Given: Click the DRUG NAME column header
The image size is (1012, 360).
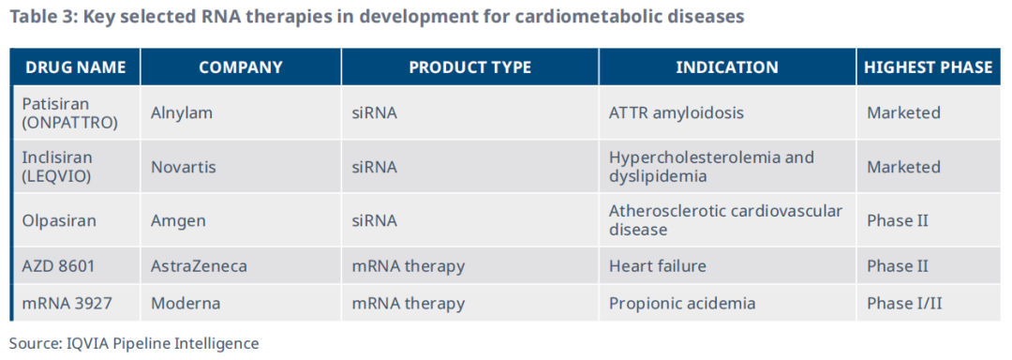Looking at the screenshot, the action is click(x=76, y=67).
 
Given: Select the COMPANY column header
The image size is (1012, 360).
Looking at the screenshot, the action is click(x=241, y=67).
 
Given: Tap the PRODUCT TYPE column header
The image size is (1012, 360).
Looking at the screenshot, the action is click(x=469, y=67).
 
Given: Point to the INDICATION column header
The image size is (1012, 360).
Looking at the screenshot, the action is click(x=727, y=67).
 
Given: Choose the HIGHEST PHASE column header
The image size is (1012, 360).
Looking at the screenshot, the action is click(x=928, y=67).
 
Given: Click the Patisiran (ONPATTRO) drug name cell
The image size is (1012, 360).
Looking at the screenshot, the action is click(x=69, y=112).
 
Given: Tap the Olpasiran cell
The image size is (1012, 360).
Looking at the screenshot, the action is click(x=59, y=220).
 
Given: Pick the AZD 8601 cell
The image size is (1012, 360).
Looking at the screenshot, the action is click(x=58, y=266).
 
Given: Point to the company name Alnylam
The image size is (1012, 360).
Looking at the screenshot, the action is click(x=182, y=112).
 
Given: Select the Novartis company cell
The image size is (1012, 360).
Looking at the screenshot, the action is click(x=184, y=167).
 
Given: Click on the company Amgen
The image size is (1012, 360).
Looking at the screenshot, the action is click(x=178, y=221).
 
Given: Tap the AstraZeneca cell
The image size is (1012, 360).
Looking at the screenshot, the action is click(x=199, y=266).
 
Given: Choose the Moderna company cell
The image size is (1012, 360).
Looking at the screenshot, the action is click(x=186, y=303).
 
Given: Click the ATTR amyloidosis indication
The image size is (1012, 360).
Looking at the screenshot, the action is click(x=677, y=112).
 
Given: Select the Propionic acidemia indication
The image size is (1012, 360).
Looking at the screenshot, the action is click(x=682, y=303).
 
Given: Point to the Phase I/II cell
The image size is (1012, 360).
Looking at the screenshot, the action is click(x=903, y=303).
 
